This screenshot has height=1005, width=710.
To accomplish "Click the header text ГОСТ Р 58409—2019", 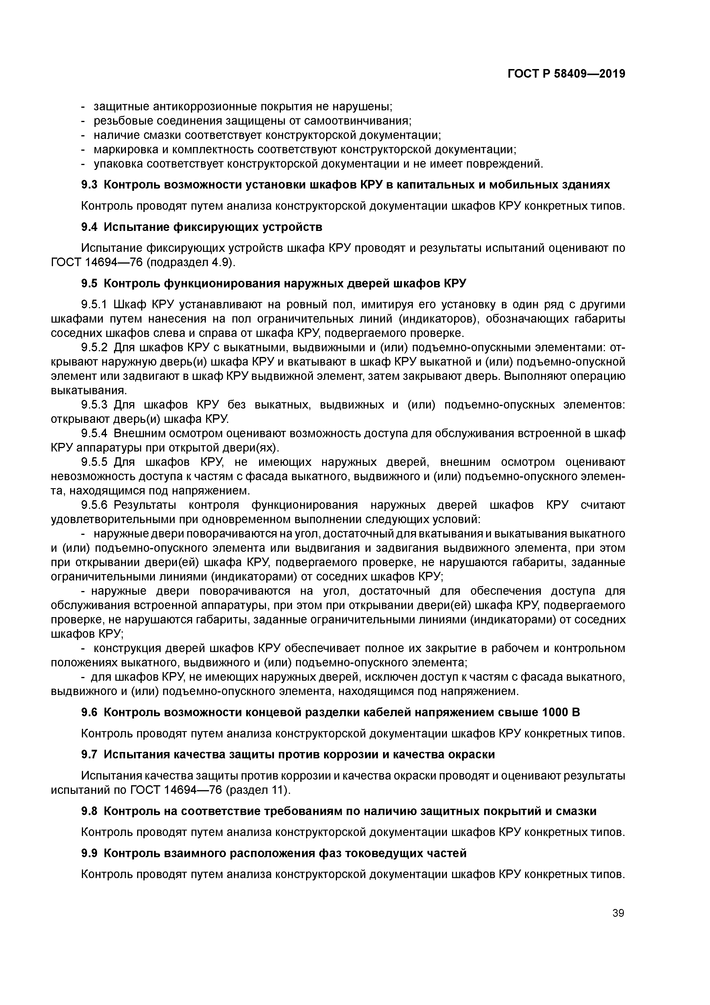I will tap(566, 74).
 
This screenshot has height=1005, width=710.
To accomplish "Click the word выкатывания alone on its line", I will tap(89, 390).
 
